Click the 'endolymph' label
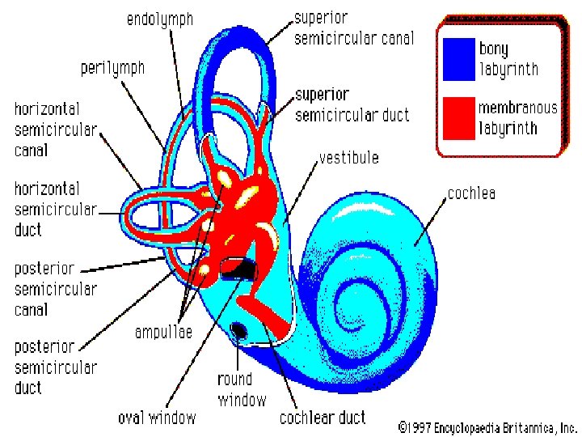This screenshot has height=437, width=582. (x=160, y=19)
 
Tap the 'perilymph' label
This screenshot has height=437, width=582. (x=112, y=68)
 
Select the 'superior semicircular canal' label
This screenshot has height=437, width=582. (x=353, y=28)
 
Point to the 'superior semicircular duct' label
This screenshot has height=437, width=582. (x=352, y=105)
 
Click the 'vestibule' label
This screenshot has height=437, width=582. (x=348, y=157)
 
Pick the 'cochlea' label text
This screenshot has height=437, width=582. (x=471, y=193)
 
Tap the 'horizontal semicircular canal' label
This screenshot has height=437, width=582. (x=55, y=129)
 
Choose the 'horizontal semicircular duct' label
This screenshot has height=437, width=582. (x=55, y=209)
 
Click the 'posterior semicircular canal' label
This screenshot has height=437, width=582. (x=55, y=288)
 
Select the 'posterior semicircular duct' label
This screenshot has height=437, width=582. (x=55, y=367)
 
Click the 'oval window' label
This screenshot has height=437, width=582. (x=157, y=418)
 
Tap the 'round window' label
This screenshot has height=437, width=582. (x=241, y=389)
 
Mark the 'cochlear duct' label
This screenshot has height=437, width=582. (x=323, y=418)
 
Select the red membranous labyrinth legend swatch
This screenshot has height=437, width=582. (x=457, y=117)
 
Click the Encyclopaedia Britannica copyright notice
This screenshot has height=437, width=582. (x=487, y=426)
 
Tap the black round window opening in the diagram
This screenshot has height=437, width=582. (x=240, y=329)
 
